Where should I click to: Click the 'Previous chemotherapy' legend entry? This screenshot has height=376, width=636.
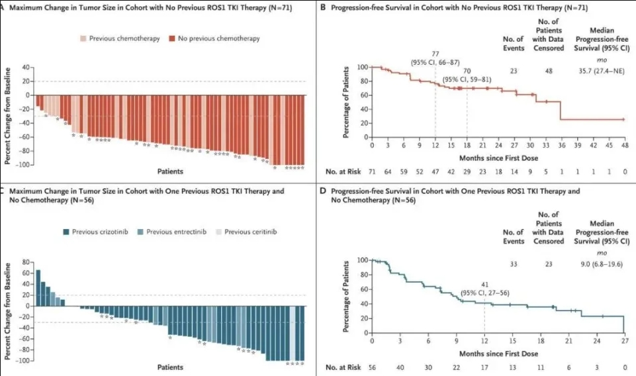(x=129, y=38)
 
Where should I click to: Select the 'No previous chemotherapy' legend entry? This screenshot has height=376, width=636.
(x=222, y=38)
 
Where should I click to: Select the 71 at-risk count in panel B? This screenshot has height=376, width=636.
(x=372, y=171)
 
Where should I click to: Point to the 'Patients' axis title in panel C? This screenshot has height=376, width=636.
(x=170, y=366)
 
